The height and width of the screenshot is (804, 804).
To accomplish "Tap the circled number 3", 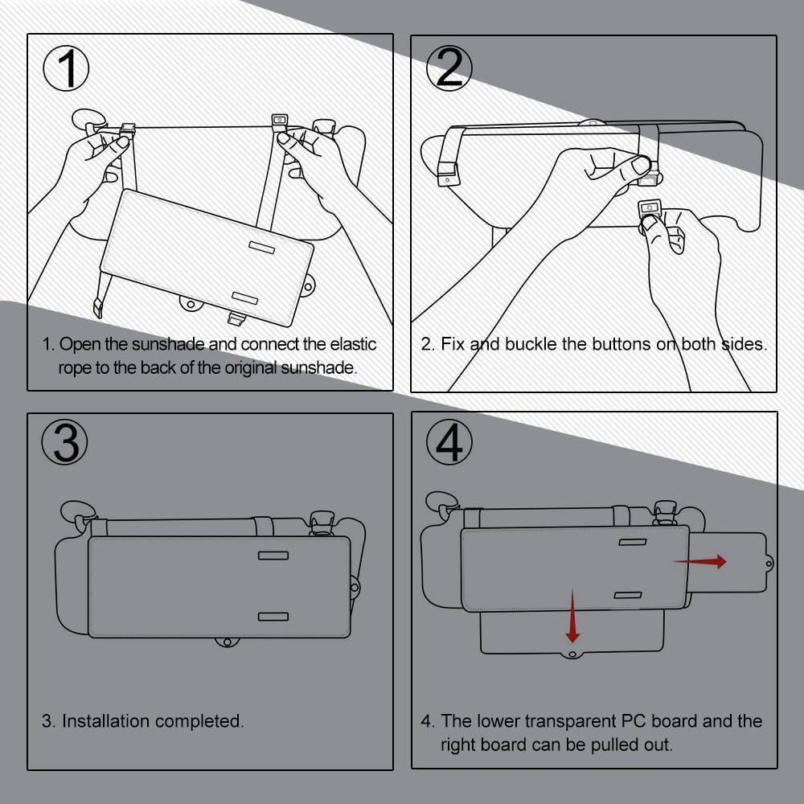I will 66,441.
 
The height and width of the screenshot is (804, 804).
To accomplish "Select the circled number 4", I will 449,441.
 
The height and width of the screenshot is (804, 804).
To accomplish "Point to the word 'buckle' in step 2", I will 531,344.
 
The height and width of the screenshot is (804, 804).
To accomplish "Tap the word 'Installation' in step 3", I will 106,721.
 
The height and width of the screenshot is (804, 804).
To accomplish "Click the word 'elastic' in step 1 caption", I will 351,345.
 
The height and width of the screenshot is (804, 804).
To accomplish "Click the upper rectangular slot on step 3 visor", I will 273,556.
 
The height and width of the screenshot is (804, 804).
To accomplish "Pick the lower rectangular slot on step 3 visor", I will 273,617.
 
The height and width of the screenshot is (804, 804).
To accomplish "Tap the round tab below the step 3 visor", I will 227,642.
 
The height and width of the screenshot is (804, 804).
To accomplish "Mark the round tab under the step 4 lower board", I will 572,654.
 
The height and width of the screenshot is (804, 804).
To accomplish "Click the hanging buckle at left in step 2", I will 447,173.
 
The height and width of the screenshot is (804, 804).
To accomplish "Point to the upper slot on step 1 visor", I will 261,246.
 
